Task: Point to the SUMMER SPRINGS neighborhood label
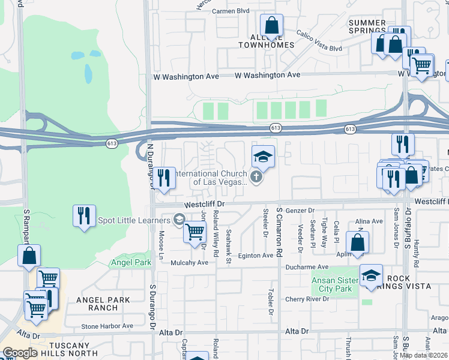367,26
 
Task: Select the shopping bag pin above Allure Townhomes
271,26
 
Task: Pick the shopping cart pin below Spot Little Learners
194,231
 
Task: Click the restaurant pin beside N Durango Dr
163,178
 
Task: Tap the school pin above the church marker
262,157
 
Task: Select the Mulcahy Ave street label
188,262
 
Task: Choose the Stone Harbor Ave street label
107,326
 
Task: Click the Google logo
20,353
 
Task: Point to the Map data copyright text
423,355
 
